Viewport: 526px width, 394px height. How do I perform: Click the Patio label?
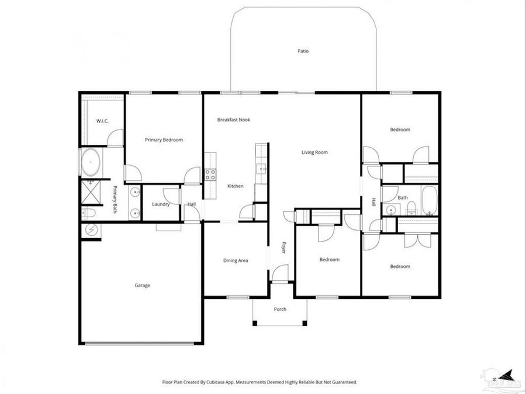click(302, 51)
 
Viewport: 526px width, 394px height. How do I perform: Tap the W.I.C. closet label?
click(102, 121)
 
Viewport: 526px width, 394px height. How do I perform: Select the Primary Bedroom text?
click(164, 140)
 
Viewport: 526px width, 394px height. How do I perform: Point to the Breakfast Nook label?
click(234, 120)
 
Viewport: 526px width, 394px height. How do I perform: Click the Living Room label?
click(314, 152)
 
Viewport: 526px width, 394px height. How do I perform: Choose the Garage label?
click(143, 285)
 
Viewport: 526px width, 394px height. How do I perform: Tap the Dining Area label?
click(236, 260)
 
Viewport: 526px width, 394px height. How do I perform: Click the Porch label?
click(280, 309)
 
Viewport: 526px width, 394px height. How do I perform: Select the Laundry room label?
click(161, 204)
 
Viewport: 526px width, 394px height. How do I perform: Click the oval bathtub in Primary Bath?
click(91, 163)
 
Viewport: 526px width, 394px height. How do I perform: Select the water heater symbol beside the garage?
click(91, 230)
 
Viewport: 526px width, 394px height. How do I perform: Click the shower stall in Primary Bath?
click(91, 190)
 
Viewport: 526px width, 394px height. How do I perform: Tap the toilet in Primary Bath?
click(88, 213)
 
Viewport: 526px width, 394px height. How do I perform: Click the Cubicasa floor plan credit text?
click(259, 382)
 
